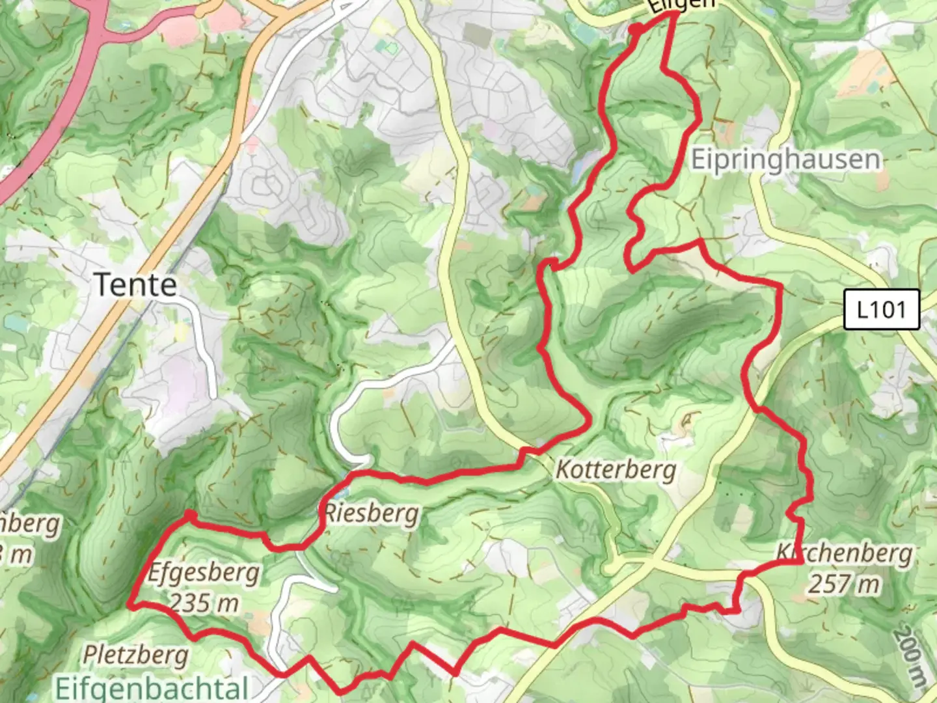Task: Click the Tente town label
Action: click(x=135, y=285)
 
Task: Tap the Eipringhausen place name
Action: click(x=785, y=159)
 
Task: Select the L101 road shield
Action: click(x=881, y=309)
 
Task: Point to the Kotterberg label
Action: click(x=616, y=469)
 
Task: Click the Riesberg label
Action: click(x=372, y=514)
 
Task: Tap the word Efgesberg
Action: click(x=204, y=573)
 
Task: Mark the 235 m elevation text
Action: click(x=204, y=603)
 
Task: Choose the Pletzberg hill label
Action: click(x=135, y=654)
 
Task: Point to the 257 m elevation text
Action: click(x=844, y=584)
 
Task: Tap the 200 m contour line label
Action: click(x=911, y=657)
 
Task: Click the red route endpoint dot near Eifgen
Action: click(x=636, y=29)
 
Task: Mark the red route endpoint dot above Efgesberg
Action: click(x=189, y=516)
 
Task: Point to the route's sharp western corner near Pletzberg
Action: click(x=130, y=605)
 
